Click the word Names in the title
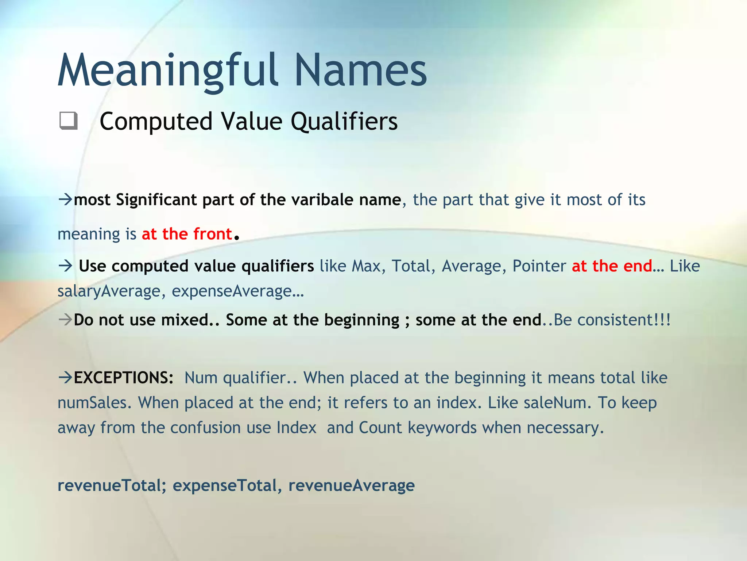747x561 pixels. coord(360,70)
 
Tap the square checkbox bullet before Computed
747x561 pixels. coord(68,121)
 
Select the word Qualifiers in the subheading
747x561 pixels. coord(344,122)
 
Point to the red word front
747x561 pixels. coord(213,234)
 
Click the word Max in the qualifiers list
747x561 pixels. coord(366,266)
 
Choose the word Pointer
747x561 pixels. coord(539,266)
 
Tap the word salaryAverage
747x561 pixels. coord(109,291)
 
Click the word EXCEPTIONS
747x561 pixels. coord(123,378)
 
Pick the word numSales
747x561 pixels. coord(94,403)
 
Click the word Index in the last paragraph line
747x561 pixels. coord(296,428)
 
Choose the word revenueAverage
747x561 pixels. coord(351,486)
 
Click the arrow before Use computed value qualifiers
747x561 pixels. coord(66,266)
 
